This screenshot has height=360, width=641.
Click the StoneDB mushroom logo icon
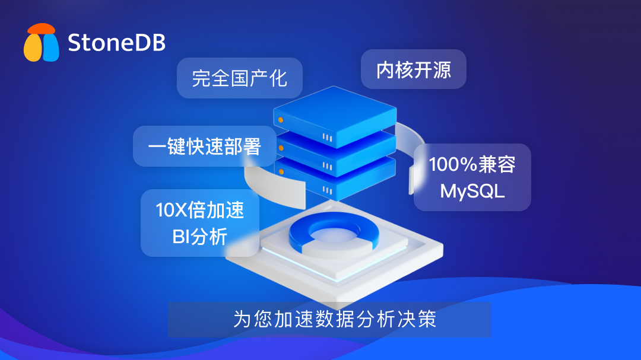[42, 43]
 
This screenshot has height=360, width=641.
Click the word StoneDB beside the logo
[116, 43]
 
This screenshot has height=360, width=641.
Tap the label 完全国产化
[240, 78]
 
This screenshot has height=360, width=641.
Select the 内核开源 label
[414, 70]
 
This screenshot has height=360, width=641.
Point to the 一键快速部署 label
[204, 146]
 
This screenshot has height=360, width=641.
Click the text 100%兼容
[472, 164]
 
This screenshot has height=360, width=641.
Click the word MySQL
[472, 191]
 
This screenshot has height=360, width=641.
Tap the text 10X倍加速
[200, 210]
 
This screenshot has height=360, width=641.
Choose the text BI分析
[200, 237]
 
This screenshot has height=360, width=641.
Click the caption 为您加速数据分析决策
[335, 318]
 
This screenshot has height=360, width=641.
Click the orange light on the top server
[281, 120]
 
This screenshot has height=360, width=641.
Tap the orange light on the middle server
[281, 148]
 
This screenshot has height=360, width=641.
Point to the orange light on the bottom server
[281, 171]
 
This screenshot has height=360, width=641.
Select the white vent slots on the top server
[328, 138]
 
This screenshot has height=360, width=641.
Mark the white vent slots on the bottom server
[328, 190]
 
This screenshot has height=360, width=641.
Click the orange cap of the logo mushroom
[41, 28]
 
